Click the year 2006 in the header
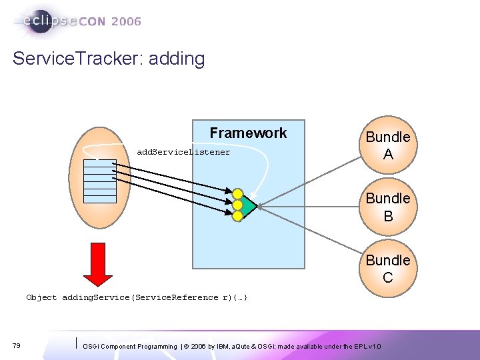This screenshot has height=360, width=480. pos(126,22)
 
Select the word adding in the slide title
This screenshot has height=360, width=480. pos(177,59)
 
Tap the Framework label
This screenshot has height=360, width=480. pos(248,133)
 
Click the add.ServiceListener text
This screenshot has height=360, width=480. pos(183,152)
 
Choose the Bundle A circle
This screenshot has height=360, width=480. pos(387,146)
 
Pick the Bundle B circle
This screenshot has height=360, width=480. pos(387,207)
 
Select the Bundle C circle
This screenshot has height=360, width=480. pos(387,268)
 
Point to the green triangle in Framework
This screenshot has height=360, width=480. pos(247,207)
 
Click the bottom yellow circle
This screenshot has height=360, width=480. pos(237,215)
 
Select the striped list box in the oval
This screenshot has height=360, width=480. pos(100,181)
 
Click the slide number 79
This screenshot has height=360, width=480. pos(16,345)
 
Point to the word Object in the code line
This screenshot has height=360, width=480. pos(41,297)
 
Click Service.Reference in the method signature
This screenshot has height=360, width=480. pos(177,297)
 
